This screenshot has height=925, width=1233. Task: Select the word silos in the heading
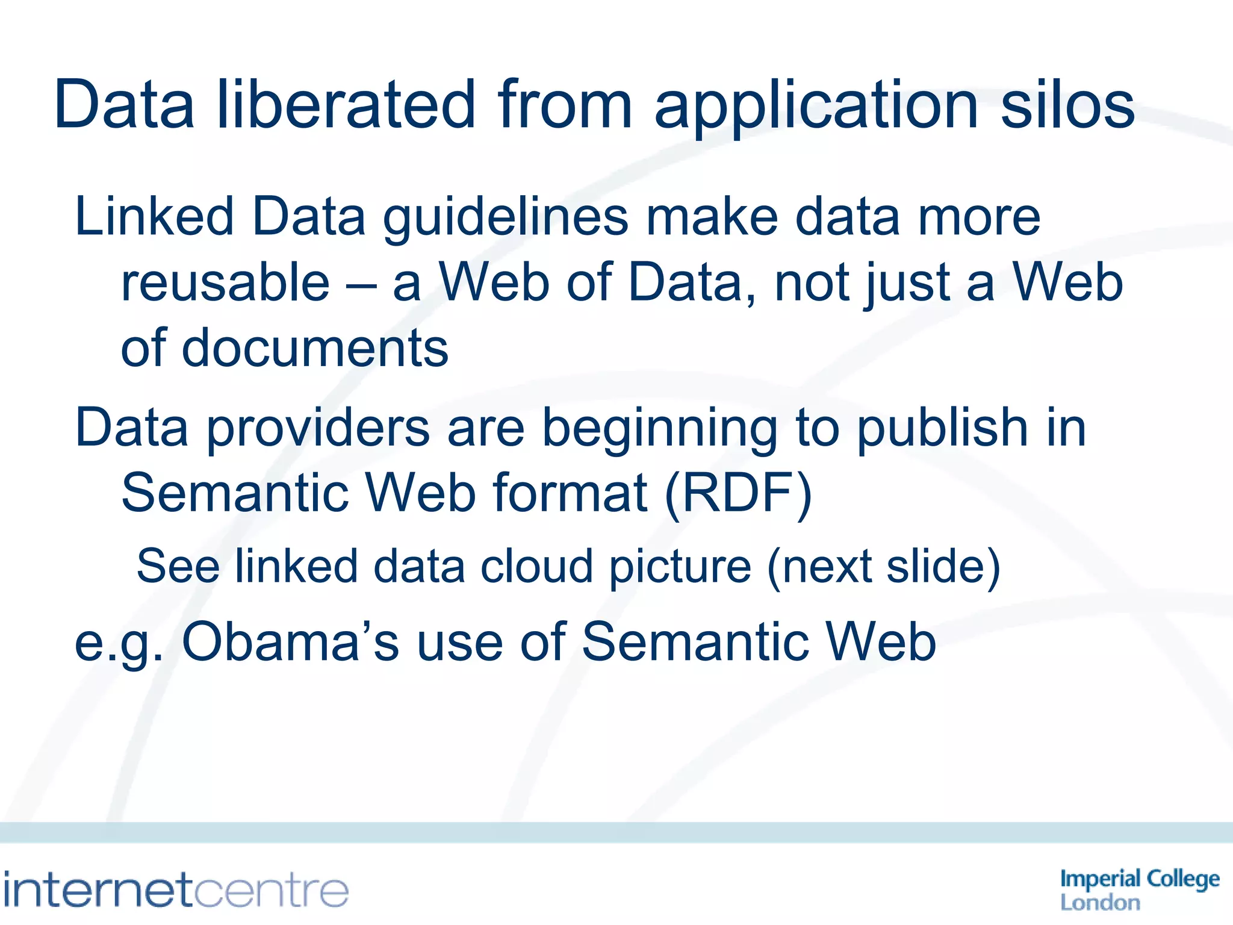click(1067, 105)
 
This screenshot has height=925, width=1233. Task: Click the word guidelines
click(506, 218)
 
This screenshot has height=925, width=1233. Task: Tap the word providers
click(318, 429)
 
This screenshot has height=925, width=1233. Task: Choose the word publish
click(942, 429)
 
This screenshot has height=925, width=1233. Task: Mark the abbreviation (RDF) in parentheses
click(738, 494)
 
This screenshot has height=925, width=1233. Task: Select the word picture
click(680, 568)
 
